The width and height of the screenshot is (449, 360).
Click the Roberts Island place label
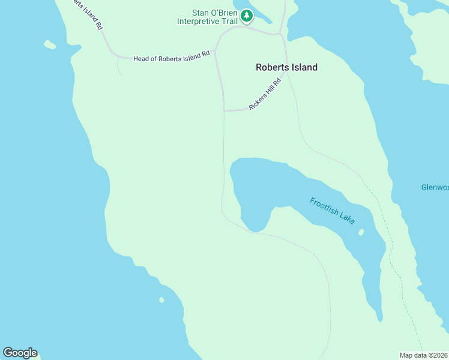(286, 67)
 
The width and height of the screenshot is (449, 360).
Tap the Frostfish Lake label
(333, 210)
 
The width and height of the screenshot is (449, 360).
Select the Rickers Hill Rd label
(265, 95)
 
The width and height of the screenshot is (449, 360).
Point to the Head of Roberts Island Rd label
(172, 53)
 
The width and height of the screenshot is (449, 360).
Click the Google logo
(20, 353)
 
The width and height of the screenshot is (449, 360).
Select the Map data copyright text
(424, 355)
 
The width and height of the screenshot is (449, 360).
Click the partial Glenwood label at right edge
(435, 187)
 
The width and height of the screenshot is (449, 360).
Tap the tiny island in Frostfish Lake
(361, 232)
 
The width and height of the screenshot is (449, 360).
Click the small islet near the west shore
(50, 44)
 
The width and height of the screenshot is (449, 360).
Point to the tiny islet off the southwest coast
(161, 300)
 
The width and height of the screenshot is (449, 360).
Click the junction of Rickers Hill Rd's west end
(224, 110)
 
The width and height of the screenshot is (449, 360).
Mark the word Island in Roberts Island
(303, 67)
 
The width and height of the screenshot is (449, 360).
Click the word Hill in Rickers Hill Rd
(267, 93)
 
